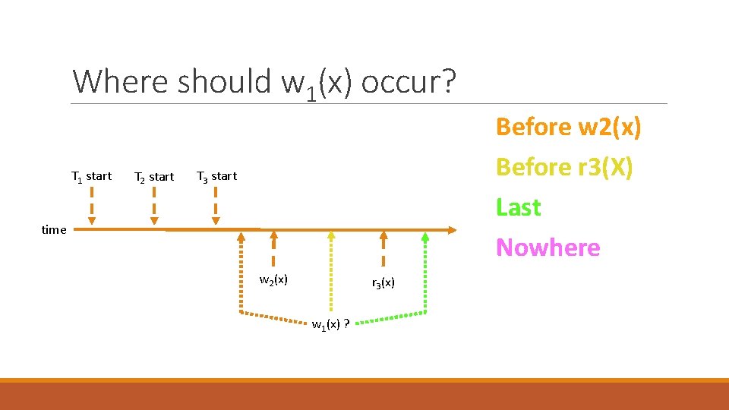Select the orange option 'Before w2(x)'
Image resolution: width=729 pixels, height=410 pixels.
568,127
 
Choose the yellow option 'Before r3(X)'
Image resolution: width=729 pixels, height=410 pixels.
563,167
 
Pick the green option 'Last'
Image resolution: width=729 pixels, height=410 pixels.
518,207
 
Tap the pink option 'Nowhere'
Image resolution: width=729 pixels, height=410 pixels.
548,248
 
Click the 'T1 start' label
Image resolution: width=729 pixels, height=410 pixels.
91,177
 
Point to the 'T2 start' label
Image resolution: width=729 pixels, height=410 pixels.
153,177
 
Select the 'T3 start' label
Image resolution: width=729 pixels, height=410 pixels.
216,176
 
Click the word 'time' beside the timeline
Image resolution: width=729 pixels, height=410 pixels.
54,230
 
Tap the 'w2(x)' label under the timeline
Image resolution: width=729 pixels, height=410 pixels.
273,279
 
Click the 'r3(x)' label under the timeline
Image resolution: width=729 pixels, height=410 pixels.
383,283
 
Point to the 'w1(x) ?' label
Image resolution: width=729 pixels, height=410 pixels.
330,325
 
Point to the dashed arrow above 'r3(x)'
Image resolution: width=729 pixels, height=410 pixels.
383,249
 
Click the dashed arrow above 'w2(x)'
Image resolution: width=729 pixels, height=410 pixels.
273,249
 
